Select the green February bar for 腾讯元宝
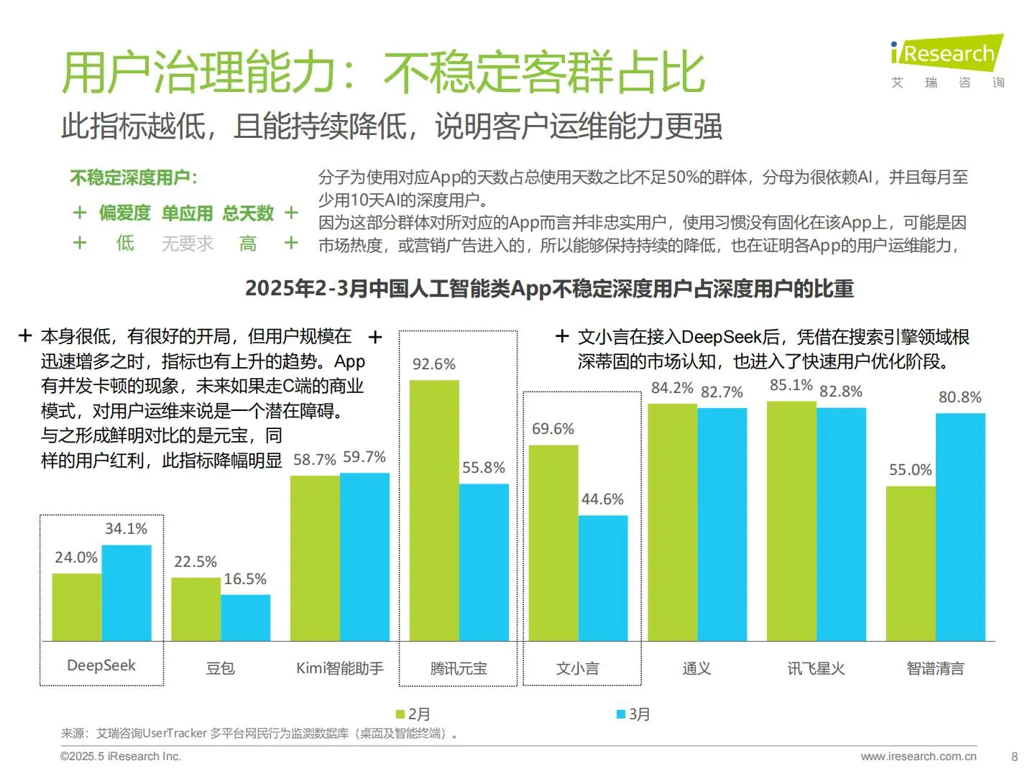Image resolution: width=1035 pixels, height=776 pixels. [434, 510]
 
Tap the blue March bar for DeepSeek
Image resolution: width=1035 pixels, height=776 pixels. [126, 593]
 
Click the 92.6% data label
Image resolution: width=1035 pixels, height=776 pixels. [433, 364]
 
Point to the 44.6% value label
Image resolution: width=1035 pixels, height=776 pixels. [602, 499]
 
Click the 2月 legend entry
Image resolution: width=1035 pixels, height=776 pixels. [413, 714]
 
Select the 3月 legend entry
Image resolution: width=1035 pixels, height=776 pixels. [633, 714]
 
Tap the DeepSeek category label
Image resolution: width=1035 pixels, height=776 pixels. [101, 666]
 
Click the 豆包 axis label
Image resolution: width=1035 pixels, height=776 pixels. [220, 668]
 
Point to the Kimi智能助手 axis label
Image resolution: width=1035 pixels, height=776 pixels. [339, 668]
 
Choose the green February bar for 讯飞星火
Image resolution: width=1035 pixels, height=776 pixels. [791, 521]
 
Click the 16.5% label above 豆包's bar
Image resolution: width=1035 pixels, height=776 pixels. [245, 579]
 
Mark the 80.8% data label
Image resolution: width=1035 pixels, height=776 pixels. [960, 397]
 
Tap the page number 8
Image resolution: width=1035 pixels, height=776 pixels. [1014, 757]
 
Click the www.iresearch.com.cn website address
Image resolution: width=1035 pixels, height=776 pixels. [918, 757]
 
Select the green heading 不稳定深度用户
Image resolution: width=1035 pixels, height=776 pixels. [133, 177]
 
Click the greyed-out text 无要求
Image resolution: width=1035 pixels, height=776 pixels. [187, 244]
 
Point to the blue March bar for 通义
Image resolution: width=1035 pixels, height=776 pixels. [722, 525]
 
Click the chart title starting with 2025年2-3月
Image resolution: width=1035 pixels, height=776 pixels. [549, 289]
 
